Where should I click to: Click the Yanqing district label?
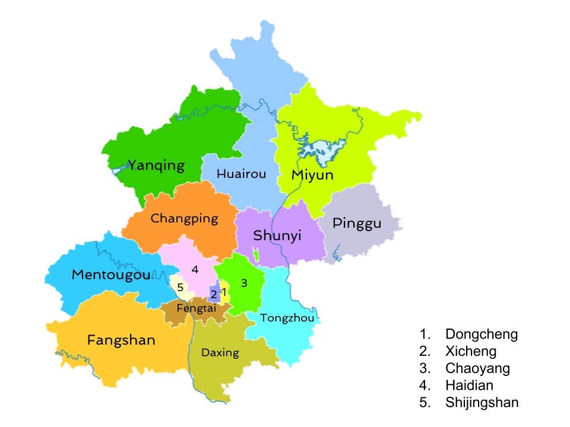(x=157, y=165)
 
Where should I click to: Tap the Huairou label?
(x=241, y=174)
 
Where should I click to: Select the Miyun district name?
(x=312, y=175)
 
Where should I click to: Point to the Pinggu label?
(x=357, y=224)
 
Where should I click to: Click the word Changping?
(x=184, y=219)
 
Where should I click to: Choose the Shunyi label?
(x=277, y=235)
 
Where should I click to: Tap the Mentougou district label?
(x=111, y=275)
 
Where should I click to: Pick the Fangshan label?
(x=121, y=340)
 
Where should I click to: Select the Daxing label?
(x=220, y=353)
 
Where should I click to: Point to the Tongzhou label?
(x=287, y=318)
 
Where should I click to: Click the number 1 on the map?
(x=224, y=291)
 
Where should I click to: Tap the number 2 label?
(x=214, y=294)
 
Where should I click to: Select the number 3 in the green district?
(x=244, y=283)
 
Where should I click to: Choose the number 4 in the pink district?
(x=195, y=270)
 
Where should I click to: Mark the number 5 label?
(x=180, y=288)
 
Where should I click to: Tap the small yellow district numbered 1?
(x=226, y=297)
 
